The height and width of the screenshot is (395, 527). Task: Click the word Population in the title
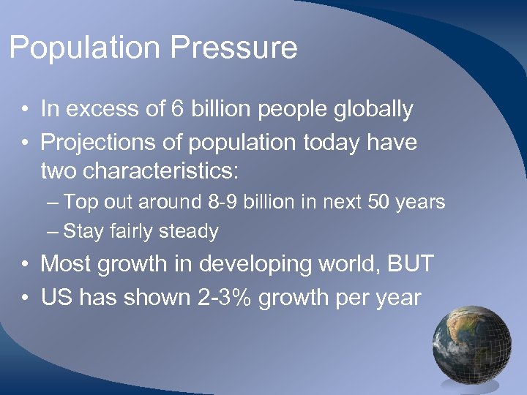(84, 48)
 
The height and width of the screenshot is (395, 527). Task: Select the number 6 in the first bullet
(177, 110)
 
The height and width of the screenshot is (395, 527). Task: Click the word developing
(251, 263)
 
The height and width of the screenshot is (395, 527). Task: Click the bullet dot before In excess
(25, 111)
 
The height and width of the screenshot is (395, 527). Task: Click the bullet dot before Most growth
(25, 265)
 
